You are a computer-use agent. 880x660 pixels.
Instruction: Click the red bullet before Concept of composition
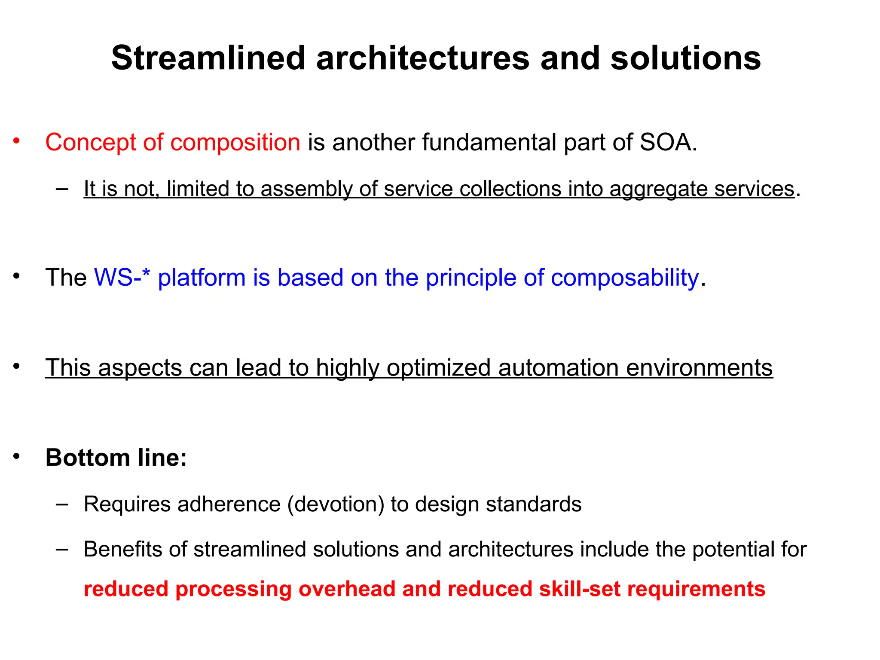pyautogui.click(x=16, y=141)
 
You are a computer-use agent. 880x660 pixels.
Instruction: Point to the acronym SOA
pyautogui.click(x=666, y=142)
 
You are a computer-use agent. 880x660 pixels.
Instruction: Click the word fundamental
pyautogui.click(x=489, y=142)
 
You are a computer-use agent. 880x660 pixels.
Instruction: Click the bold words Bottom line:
pyautogui.click(x=116, y=457)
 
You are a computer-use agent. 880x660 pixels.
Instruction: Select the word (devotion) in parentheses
pyautogui.click(x=336, y=504)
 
